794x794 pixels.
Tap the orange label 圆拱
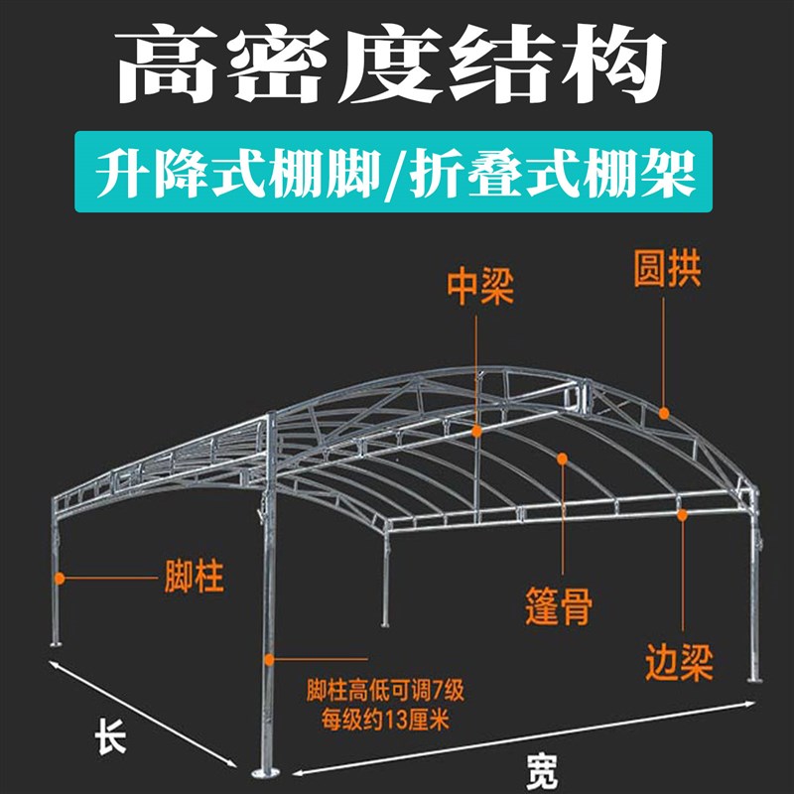tap(667, 270)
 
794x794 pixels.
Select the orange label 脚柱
tap(193, 577)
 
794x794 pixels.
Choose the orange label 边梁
tap(679, 661)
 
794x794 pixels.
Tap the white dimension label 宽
tap(541, 767)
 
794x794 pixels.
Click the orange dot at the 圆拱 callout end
tap(665, 411)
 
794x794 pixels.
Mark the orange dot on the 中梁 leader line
tap(477, 431)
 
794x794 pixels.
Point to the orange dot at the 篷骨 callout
tap(562, 459)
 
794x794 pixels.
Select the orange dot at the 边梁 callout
tap(682, 513)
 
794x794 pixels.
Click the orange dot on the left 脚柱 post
tap(60, 577)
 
